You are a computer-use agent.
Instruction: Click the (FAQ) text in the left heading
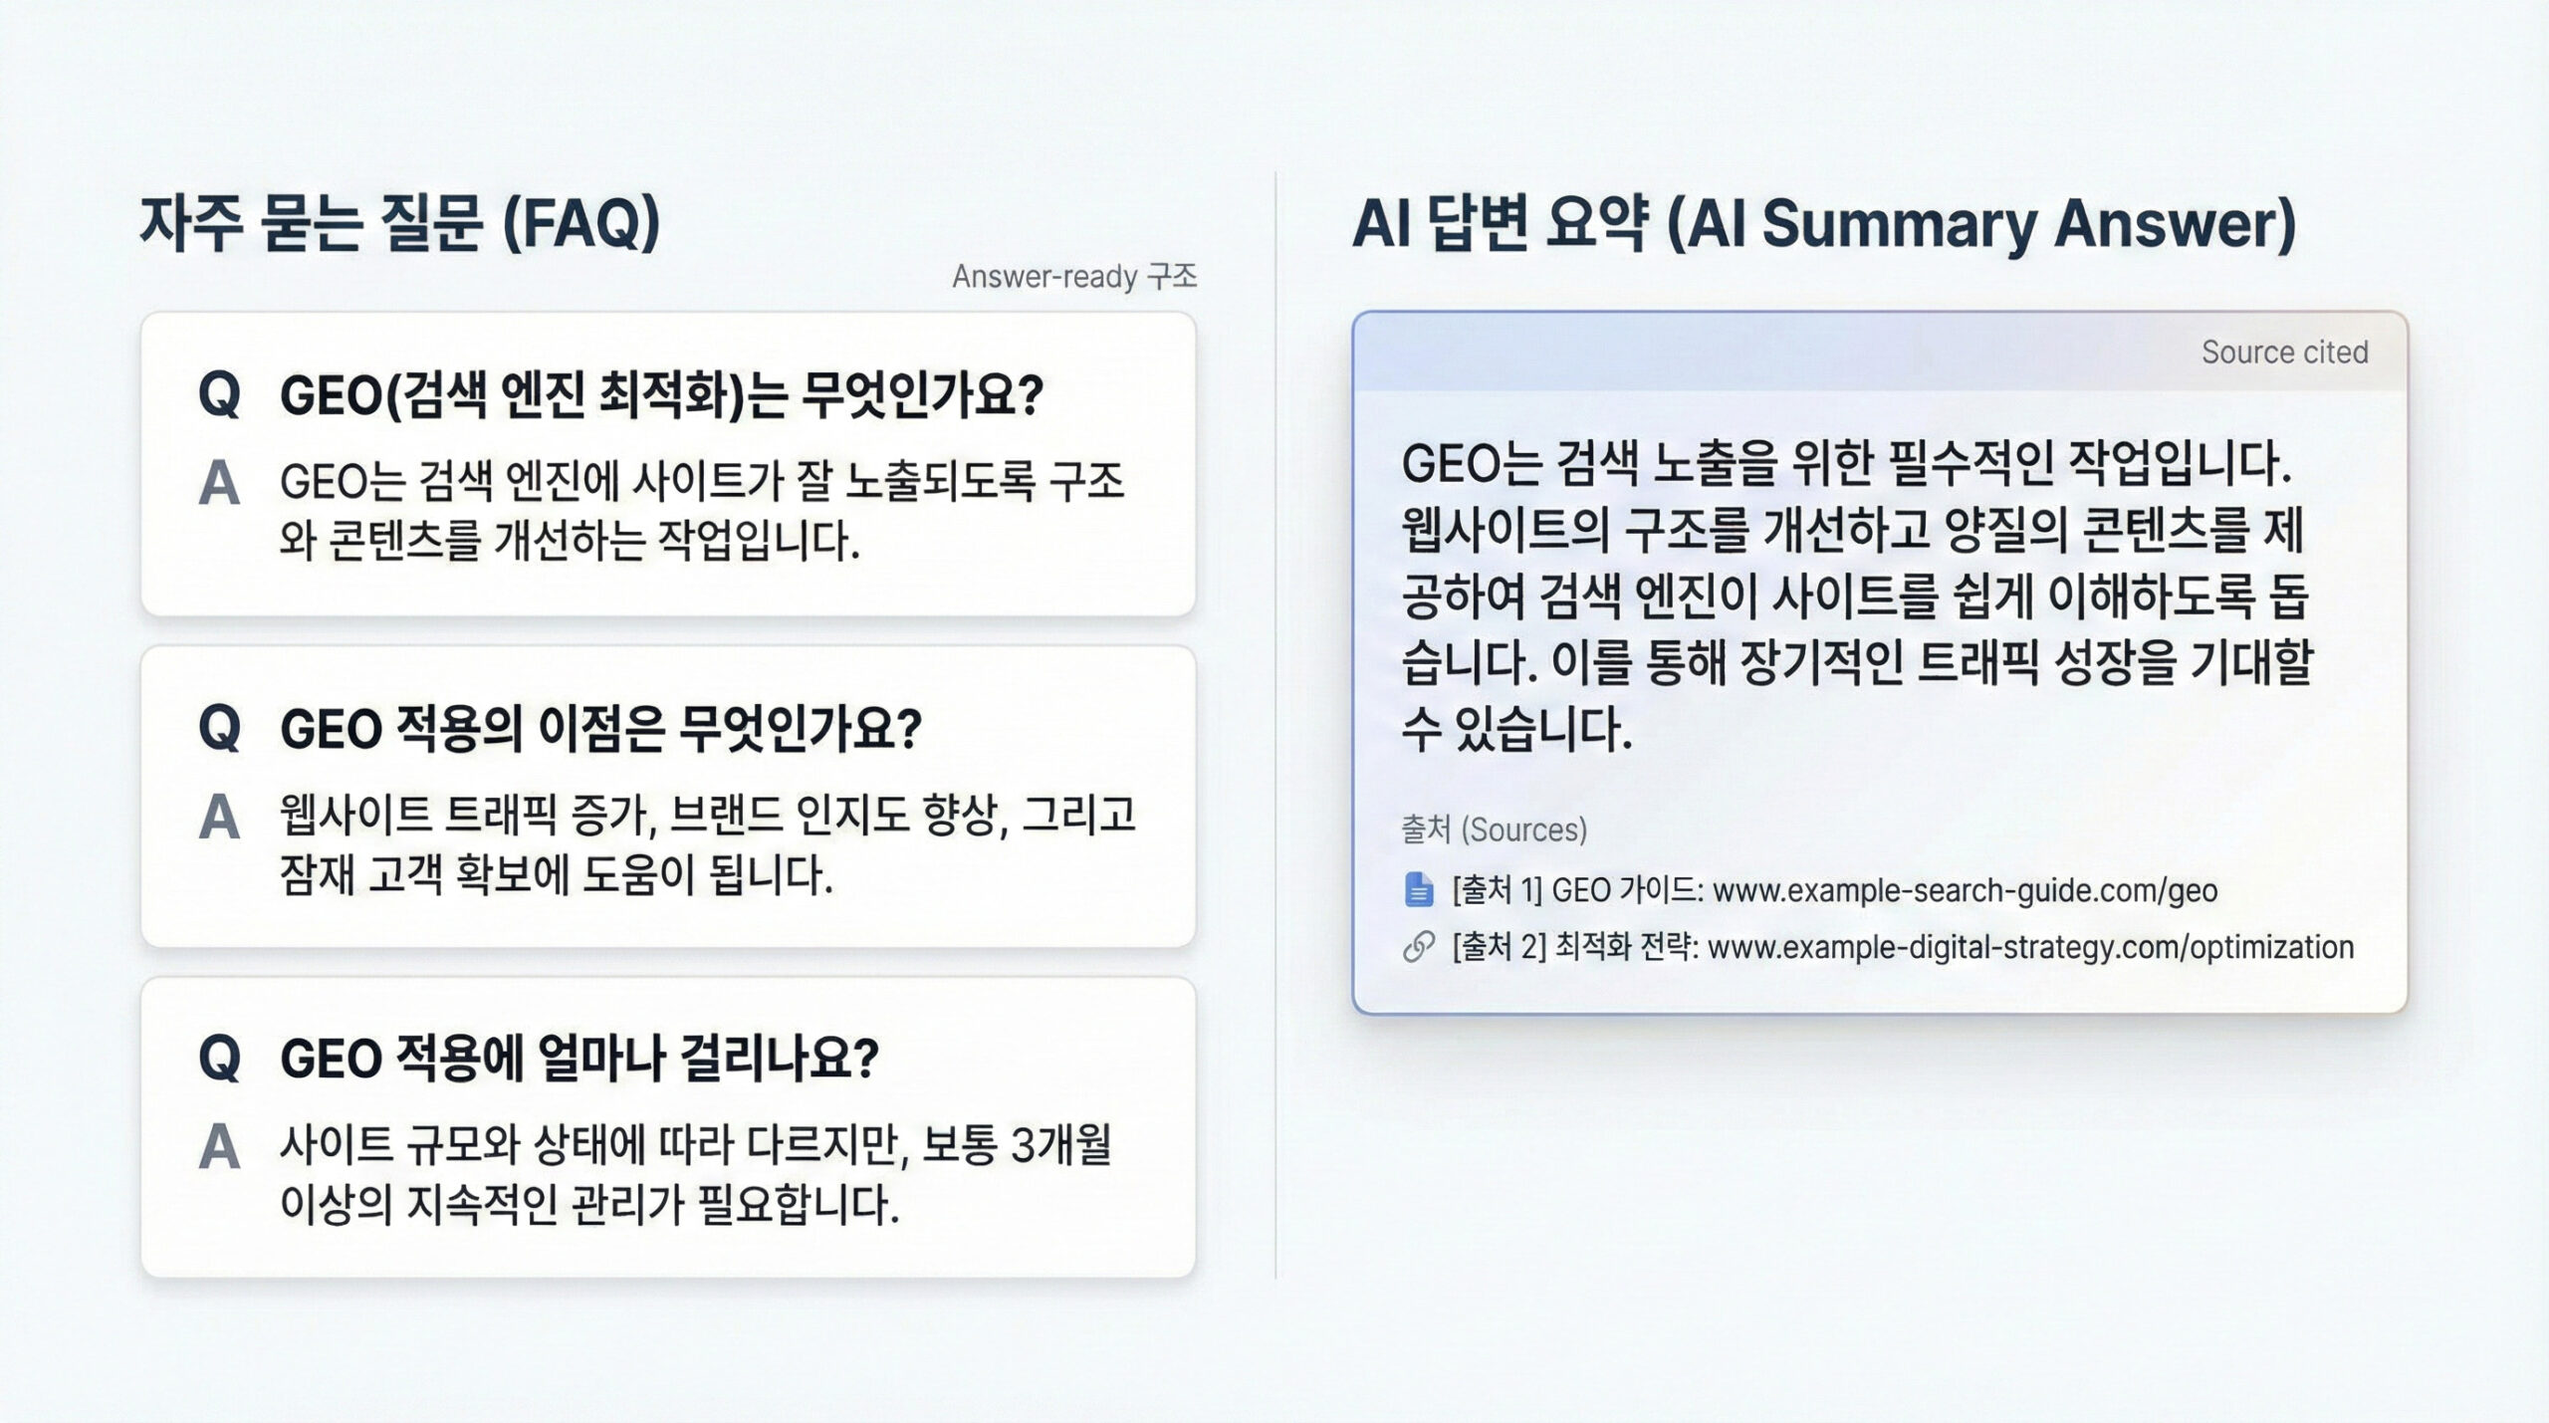point(580,223)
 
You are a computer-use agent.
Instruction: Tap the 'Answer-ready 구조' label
point(1073,276)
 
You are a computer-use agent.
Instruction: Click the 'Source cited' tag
point(2283,352)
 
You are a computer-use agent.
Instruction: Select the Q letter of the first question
point(219,394)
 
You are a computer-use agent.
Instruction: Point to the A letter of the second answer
point(219,818)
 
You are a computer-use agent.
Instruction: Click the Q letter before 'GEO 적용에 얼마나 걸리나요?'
point(219,1058)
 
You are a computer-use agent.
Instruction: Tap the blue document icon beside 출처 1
point(1418,889)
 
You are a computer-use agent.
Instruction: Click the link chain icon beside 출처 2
point(1418,947)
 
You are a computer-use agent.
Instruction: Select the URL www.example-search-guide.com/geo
point(1964,890)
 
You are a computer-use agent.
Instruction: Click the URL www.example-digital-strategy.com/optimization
point(2030,947)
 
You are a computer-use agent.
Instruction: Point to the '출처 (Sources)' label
point(1494,830)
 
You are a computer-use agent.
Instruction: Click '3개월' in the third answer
point(1060,1145)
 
